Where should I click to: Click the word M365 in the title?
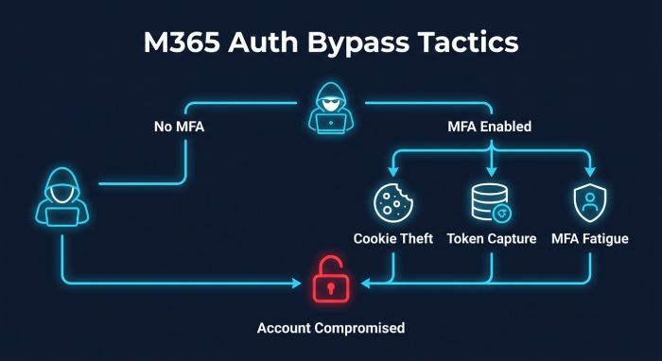(x=182, y=43)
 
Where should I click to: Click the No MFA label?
(x=179, y=127)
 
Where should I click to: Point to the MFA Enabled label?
(x=489, y=126)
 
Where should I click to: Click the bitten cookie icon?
(x=393, y=202)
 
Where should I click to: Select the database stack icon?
(x=491, y=202)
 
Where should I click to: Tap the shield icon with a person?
(x=590, y=203)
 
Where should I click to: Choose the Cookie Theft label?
(x=393, y=239)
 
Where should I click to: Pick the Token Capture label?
(x=492, y=239)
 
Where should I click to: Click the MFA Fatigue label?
(x=590, y=239)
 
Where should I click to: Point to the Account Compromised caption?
(x=331, y=328)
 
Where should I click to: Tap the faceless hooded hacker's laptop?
(x=62, y=216)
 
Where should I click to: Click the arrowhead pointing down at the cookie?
(x=393, y=172)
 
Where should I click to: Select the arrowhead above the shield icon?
(x=590, y=172)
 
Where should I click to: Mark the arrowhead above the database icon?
(x=491, y=172)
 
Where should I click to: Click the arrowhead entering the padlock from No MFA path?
(x=296, y=283)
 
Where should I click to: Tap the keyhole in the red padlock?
(x=331, y=288)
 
